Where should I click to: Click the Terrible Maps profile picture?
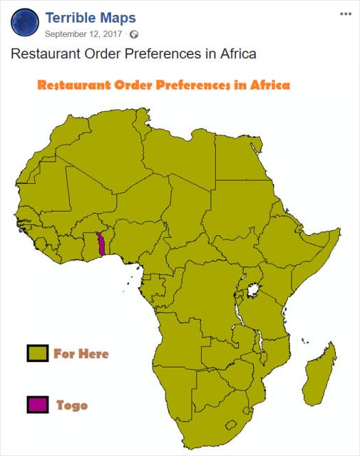pyautogui.click(x=26, y=23)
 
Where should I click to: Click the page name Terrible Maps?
pyautogui.click(x=90, y=16)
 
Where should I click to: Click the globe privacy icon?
pyautogui.click(x=133, y=34)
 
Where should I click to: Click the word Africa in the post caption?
pyautogui.click(x=233, y=54)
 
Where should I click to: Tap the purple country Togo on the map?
pyautogui.click(x=102, y=244)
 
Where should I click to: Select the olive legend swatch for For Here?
pyautogui.click(x=37, y=353)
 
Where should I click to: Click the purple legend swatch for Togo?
pyautogui.click(x=37, y=405)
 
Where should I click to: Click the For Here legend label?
pyautogui.click(x=81, y=353)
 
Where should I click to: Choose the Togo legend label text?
pyautogui.click(x=72, y=405)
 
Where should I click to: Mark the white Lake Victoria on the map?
pyautogui.click(x=251, y=291)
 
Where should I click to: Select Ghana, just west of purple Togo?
pyautogui.click(x=92, y=246)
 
